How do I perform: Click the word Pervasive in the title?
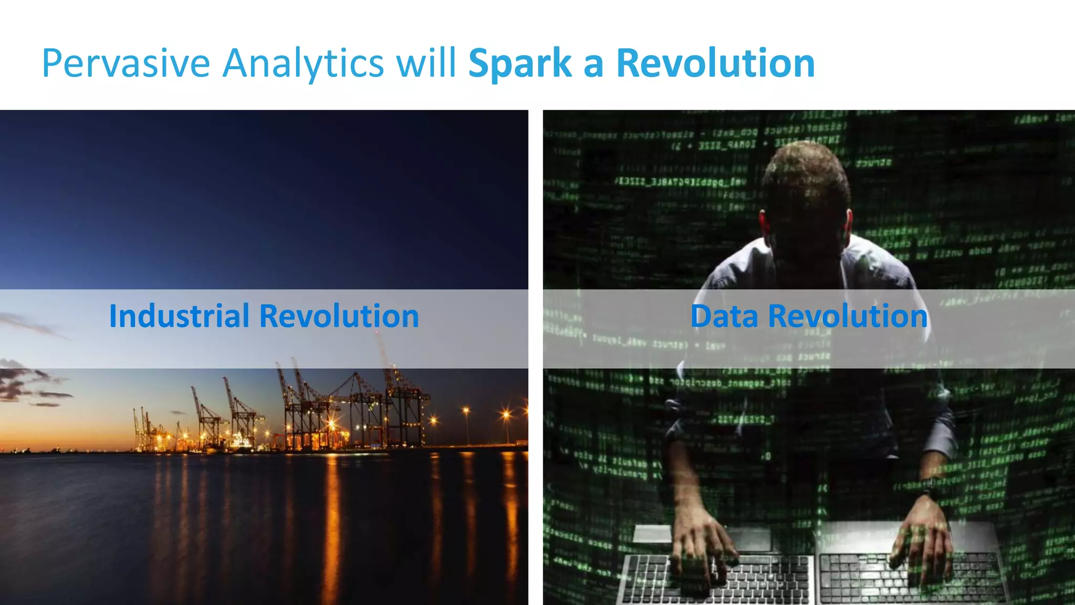pos(126,64)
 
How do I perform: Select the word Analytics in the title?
pos(303,64)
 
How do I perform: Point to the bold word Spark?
pos(519,64)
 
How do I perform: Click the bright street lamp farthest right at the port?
pos(506,415)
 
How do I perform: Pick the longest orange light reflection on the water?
pos(331,525)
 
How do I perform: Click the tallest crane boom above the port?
pos(386,357)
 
